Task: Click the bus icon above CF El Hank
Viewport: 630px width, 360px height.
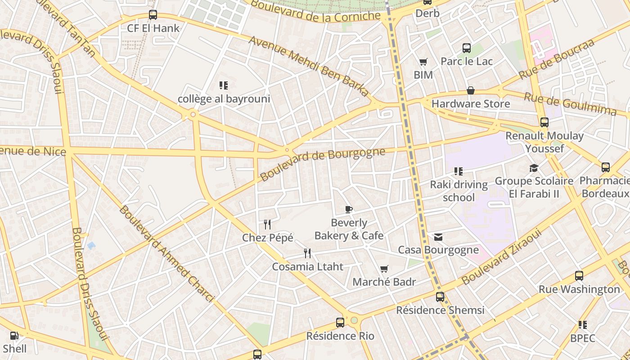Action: (153, 15)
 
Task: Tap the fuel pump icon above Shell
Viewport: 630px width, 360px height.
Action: (14, 335)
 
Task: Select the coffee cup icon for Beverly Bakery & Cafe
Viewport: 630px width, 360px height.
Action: (348, 209)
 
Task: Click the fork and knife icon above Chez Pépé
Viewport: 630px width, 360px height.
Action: (267, 224)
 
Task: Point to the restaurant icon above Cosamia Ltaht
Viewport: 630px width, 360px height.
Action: (307, 253)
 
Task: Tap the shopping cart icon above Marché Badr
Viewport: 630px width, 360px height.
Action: (384, 269)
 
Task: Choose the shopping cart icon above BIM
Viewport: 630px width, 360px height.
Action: (423, 62)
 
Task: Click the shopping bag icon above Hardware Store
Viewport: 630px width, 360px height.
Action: (471, 90)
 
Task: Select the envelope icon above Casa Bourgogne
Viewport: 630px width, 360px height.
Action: (438, 237)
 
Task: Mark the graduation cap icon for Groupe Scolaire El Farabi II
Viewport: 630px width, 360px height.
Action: (534, 168)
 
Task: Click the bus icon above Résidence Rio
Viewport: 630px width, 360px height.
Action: (340, 323)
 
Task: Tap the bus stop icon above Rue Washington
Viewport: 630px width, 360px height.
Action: (579, 276)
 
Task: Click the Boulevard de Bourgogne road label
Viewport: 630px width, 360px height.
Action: (323, 164)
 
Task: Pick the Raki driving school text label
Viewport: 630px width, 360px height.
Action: (459, 191)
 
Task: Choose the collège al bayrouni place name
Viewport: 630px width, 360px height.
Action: (224, 99)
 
